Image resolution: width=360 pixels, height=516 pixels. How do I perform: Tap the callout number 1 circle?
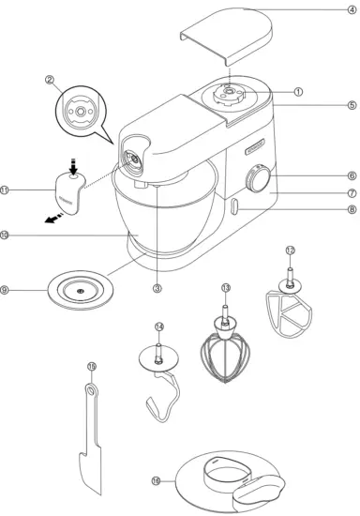click(x=298, y=92)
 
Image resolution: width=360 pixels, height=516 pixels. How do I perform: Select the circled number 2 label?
click(x=51, y=81)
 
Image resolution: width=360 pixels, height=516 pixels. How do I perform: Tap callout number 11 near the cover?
click(x=7, y=190)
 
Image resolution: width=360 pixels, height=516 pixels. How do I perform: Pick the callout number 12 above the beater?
click(x=291, y=250)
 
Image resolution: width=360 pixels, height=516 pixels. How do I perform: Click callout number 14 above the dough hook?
click(x=160, y=327)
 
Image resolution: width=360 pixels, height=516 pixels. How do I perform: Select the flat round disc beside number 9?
click(x=80, y=292)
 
